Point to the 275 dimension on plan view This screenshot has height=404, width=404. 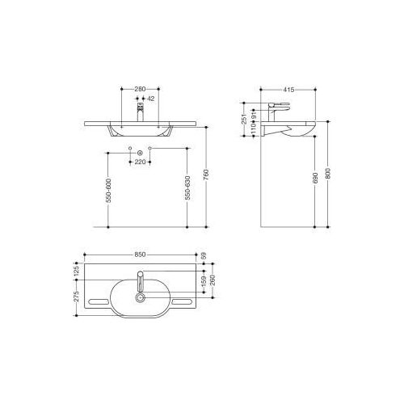pos(75,298)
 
